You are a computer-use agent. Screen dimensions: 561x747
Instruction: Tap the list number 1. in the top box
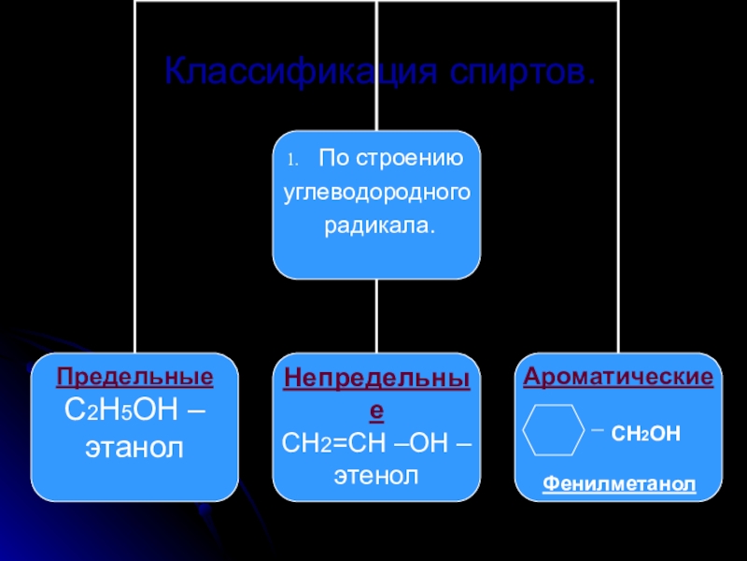(291, 159)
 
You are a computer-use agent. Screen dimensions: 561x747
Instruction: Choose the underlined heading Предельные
(134, 378)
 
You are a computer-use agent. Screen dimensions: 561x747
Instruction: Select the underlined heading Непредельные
(377, 379)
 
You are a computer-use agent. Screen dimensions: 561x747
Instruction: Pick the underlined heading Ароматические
(618, 378)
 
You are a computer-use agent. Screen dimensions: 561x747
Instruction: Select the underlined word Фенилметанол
(619, 483)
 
